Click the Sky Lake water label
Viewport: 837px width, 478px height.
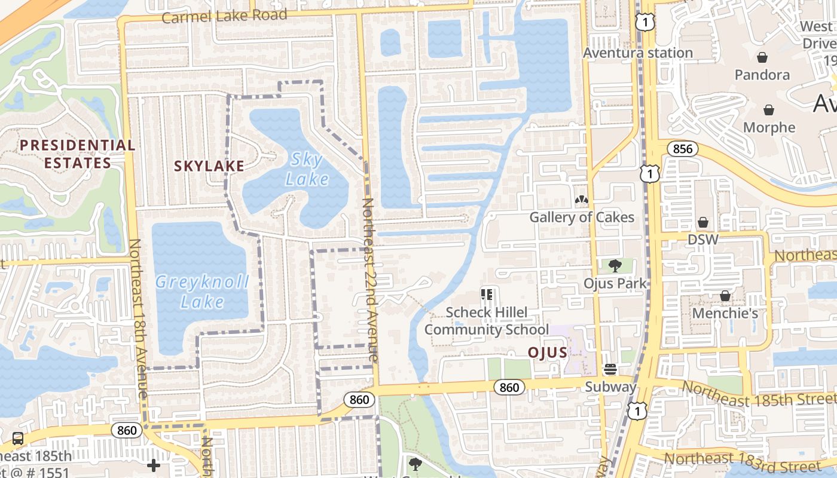pyautogui.click(x=307, y=169)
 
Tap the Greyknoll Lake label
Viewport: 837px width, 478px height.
pyautogui.click(x=202, y=292)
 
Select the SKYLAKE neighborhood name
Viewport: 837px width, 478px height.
pyautogui.click(x=209, y=166)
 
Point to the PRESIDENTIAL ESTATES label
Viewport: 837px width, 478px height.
pyautogui.click(x=78, y=154)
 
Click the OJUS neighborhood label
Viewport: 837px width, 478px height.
pyautogui.click(x=547, y=353)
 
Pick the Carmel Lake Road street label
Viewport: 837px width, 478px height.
pyautogui.click(x=224, y=16)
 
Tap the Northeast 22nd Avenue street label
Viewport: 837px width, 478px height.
pyautogui.click(x=369, y=280)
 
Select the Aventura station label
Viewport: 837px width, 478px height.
pyautogui.click(x=638, y=53)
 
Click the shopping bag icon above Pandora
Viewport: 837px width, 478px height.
pyautogui.click(x=762, y=57)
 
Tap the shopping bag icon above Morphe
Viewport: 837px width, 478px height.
pyautogui.click(x=769, y=110)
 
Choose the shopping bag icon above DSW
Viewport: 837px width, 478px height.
pyautogui.click(x=703, y=222)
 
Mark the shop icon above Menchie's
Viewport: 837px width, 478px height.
pyautogui.click(x=725, y=296)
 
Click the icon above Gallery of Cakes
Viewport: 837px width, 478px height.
pyautogui.click(x=581, y=200)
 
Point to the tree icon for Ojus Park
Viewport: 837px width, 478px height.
pyautogui.click(x=615, y=266)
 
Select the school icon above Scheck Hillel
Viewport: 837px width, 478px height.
pyautogui.click(x=486, y=294)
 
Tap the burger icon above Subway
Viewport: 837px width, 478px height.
pyautogui.click(x=610, y=369)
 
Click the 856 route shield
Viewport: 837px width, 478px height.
pyautogui.click(x=682, y=149)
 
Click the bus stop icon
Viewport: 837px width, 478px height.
pyautogui.click(x=18, y=439)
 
